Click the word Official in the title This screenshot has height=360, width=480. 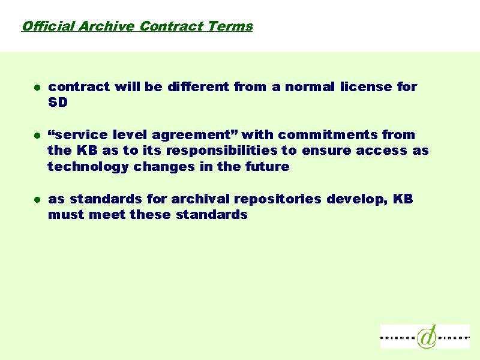(48, 26)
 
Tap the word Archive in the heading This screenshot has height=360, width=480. (106, 26)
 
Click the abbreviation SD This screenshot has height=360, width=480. (58, 102)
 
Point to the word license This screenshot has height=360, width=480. (366, 86)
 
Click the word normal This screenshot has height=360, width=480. (310, 86)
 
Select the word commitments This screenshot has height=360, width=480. (328, 134)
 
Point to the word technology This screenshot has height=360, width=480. (88, 167)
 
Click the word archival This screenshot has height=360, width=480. (200, 199)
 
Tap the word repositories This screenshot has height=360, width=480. (278, 200)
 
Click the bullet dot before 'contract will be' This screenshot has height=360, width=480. (37, 88)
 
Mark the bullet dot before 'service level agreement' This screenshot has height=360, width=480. (37, 136)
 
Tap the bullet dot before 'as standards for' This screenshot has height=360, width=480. (37, 200)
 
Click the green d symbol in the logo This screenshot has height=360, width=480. (427, 336)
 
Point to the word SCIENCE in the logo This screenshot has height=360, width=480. (398, 338)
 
